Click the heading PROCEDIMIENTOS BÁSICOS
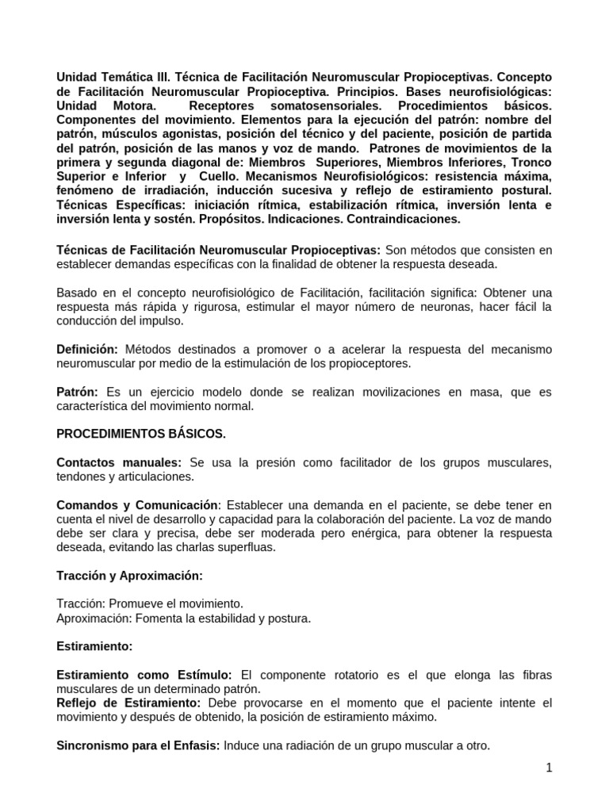coord(141,434)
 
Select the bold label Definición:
coord(87,350)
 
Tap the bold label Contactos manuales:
coord(119,462)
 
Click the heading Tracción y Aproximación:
coord(129,575)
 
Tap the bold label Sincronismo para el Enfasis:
coord(139,745)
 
